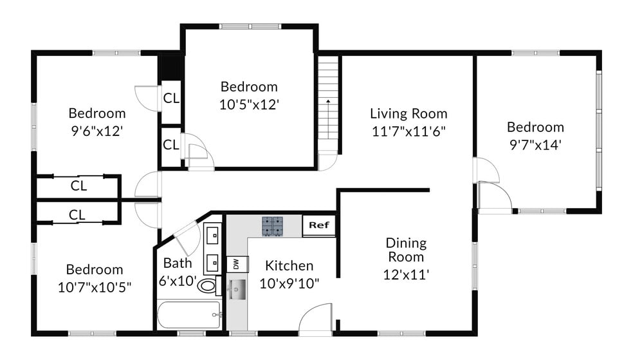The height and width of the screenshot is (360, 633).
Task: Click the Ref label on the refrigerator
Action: pyautogui.click(x=318, y=225)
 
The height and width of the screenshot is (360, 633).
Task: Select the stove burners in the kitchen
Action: pyautogui.click(x=272, y=226)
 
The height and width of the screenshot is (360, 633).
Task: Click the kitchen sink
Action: pyautogui.click(x=237, y=290)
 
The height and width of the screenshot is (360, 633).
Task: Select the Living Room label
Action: pyautogui.click(x=408, y=114)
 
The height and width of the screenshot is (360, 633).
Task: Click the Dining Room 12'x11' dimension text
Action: pyautogui.click(x=406, y=274)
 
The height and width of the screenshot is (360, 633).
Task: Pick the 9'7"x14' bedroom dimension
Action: pyautogui.click(x=535, y=145)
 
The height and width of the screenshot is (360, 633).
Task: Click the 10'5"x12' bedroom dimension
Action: pyautogui.click(x=249, y=104)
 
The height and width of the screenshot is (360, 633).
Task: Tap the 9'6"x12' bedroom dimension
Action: pyautogui.click(x=96, y=131)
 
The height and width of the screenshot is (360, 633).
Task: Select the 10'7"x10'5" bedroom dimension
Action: pyautogui.click(x=94, y=287)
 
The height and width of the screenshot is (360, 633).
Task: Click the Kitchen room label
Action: pyautogui.click(x=289, y=265)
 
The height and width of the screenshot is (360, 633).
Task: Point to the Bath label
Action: pyautogui.click(x=177, y=263)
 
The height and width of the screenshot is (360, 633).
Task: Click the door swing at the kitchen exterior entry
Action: pyautogui.click(x=316, y=319)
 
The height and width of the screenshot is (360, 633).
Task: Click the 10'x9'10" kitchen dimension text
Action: pyautogui.click(x=290, y=283)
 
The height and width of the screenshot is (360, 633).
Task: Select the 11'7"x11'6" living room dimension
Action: pyautogui.click(x=408, y=131)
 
